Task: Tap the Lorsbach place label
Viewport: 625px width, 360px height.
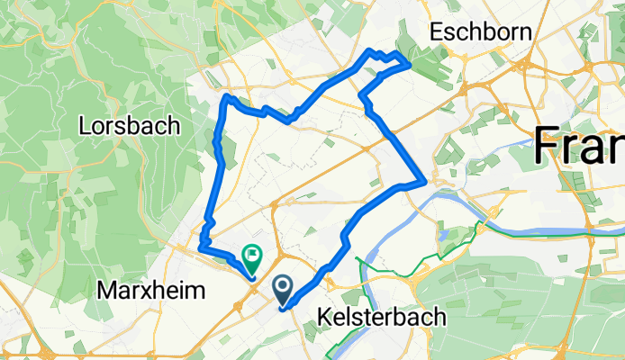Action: [141, 125]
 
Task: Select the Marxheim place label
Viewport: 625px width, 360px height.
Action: [151, 291]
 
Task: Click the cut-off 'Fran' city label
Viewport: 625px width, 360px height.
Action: [580, 144]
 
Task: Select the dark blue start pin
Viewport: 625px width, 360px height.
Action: [283, 291]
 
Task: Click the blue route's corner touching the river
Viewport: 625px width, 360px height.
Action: [423, 181]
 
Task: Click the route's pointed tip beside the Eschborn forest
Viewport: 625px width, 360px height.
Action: [411, 64]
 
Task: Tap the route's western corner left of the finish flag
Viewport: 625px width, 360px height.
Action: [202, 245]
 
